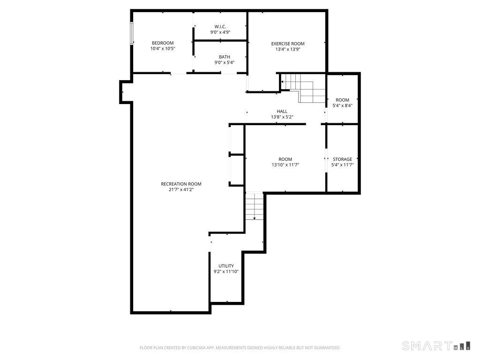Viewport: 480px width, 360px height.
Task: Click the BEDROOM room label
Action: (163, 43)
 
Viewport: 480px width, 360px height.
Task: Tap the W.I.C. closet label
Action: (220, 27)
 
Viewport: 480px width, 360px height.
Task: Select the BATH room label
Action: (225, 57)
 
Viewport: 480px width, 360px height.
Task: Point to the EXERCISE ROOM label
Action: (288, 44)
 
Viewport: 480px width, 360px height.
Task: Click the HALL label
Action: (282, 112)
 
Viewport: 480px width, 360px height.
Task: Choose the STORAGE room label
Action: (342, 159)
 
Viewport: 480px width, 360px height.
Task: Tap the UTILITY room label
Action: (226, 266)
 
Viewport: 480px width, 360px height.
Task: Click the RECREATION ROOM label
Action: (181, 184)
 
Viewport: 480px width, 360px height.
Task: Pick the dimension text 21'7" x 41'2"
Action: (181, 189)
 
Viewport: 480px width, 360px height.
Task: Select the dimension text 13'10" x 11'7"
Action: (285, 165)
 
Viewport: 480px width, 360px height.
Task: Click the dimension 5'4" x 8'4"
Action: (342, 105)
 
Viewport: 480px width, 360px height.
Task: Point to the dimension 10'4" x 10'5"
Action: (163, 49)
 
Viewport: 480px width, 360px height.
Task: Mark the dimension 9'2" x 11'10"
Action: (226, 271)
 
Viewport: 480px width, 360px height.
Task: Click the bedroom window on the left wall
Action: (132, 33)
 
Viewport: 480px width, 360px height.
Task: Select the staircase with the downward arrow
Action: (254, 206)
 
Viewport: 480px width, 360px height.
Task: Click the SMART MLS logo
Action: (436, 345)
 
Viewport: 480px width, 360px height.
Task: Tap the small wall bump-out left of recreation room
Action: (126, 92)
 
